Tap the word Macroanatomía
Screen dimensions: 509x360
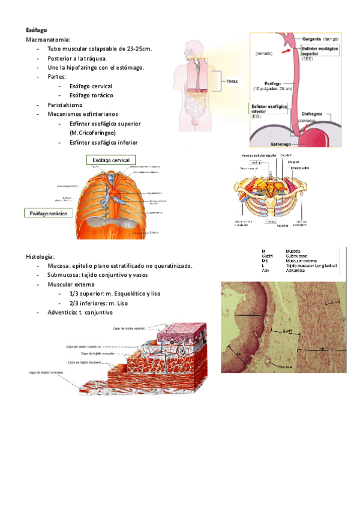[x=47, y=39]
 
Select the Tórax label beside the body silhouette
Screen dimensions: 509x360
[x=232, y=81]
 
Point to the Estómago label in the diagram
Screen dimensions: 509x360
[x=282, y=144]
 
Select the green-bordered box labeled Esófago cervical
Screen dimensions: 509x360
[x=112, y=160]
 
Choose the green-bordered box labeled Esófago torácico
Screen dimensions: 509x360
[x=48, y=213]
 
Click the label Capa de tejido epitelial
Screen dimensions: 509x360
[x=130, y=328]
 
